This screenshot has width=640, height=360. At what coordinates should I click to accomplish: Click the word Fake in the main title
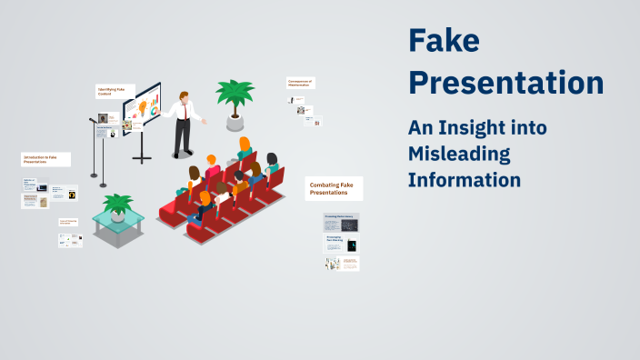443,41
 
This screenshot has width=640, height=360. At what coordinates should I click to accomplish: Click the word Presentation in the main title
505,83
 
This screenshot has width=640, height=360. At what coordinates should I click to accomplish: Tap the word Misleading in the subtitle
459,154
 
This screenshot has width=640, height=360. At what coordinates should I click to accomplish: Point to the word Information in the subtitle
465,179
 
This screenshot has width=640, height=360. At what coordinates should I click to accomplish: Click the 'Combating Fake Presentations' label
334,188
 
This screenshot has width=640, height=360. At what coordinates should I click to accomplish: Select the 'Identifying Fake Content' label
115,92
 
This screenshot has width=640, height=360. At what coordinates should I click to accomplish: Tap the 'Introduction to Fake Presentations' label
45,159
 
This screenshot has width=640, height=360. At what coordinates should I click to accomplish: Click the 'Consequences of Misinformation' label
300,83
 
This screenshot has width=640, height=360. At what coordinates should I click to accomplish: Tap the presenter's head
185,95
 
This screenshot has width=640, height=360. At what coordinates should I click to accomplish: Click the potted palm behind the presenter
234,98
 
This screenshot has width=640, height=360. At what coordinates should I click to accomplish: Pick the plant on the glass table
118,205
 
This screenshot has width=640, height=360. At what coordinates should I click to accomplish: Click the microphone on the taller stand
92,119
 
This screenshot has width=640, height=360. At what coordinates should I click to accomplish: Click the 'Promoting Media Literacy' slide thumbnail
342,222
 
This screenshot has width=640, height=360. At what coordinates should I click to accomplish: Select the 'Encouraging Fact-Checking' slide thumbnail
342,244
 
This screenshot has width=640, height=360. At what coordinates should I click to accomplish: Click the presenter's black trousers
184,136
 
